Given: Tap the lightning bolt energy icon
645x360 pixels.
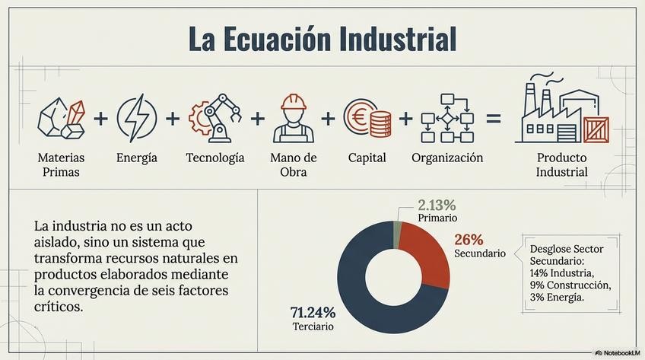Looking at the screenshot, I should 137,119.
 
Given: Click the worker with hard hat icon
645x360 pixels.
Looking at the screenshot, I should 293,119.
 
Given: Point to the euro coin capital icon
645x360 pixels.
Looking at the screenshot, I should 367,119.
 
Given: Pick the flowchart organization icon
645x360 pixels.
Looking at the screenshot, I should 446,119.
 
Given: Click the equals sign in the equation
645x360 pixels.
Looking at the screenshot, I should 494,119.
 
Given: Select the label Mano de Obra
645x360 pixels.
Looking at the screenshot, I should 293,164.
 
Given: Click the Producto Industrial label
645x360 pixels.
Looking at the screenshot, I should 562,164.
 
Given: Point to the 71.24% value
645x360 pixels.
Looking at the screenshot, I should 313,312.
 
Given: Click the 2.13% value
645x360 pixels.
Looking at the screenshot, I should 437,205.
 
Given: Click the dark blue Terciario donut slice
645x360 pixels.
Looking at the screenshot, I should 357,289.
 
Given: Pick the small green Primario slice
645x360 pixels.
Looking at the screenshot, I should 397,235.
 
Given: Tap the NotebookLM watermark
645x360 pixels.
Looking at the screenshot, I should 617,353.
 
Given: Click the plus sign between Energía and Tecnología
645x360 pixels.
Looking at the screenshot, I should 173,119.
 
